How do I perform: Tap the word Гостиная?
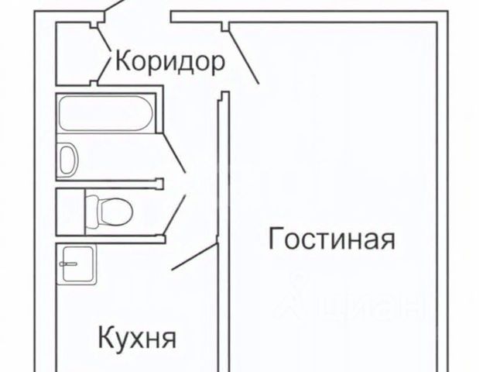331,239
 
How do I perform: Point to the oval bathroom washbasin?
68,159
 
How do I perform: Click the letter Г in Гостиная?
274,239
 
